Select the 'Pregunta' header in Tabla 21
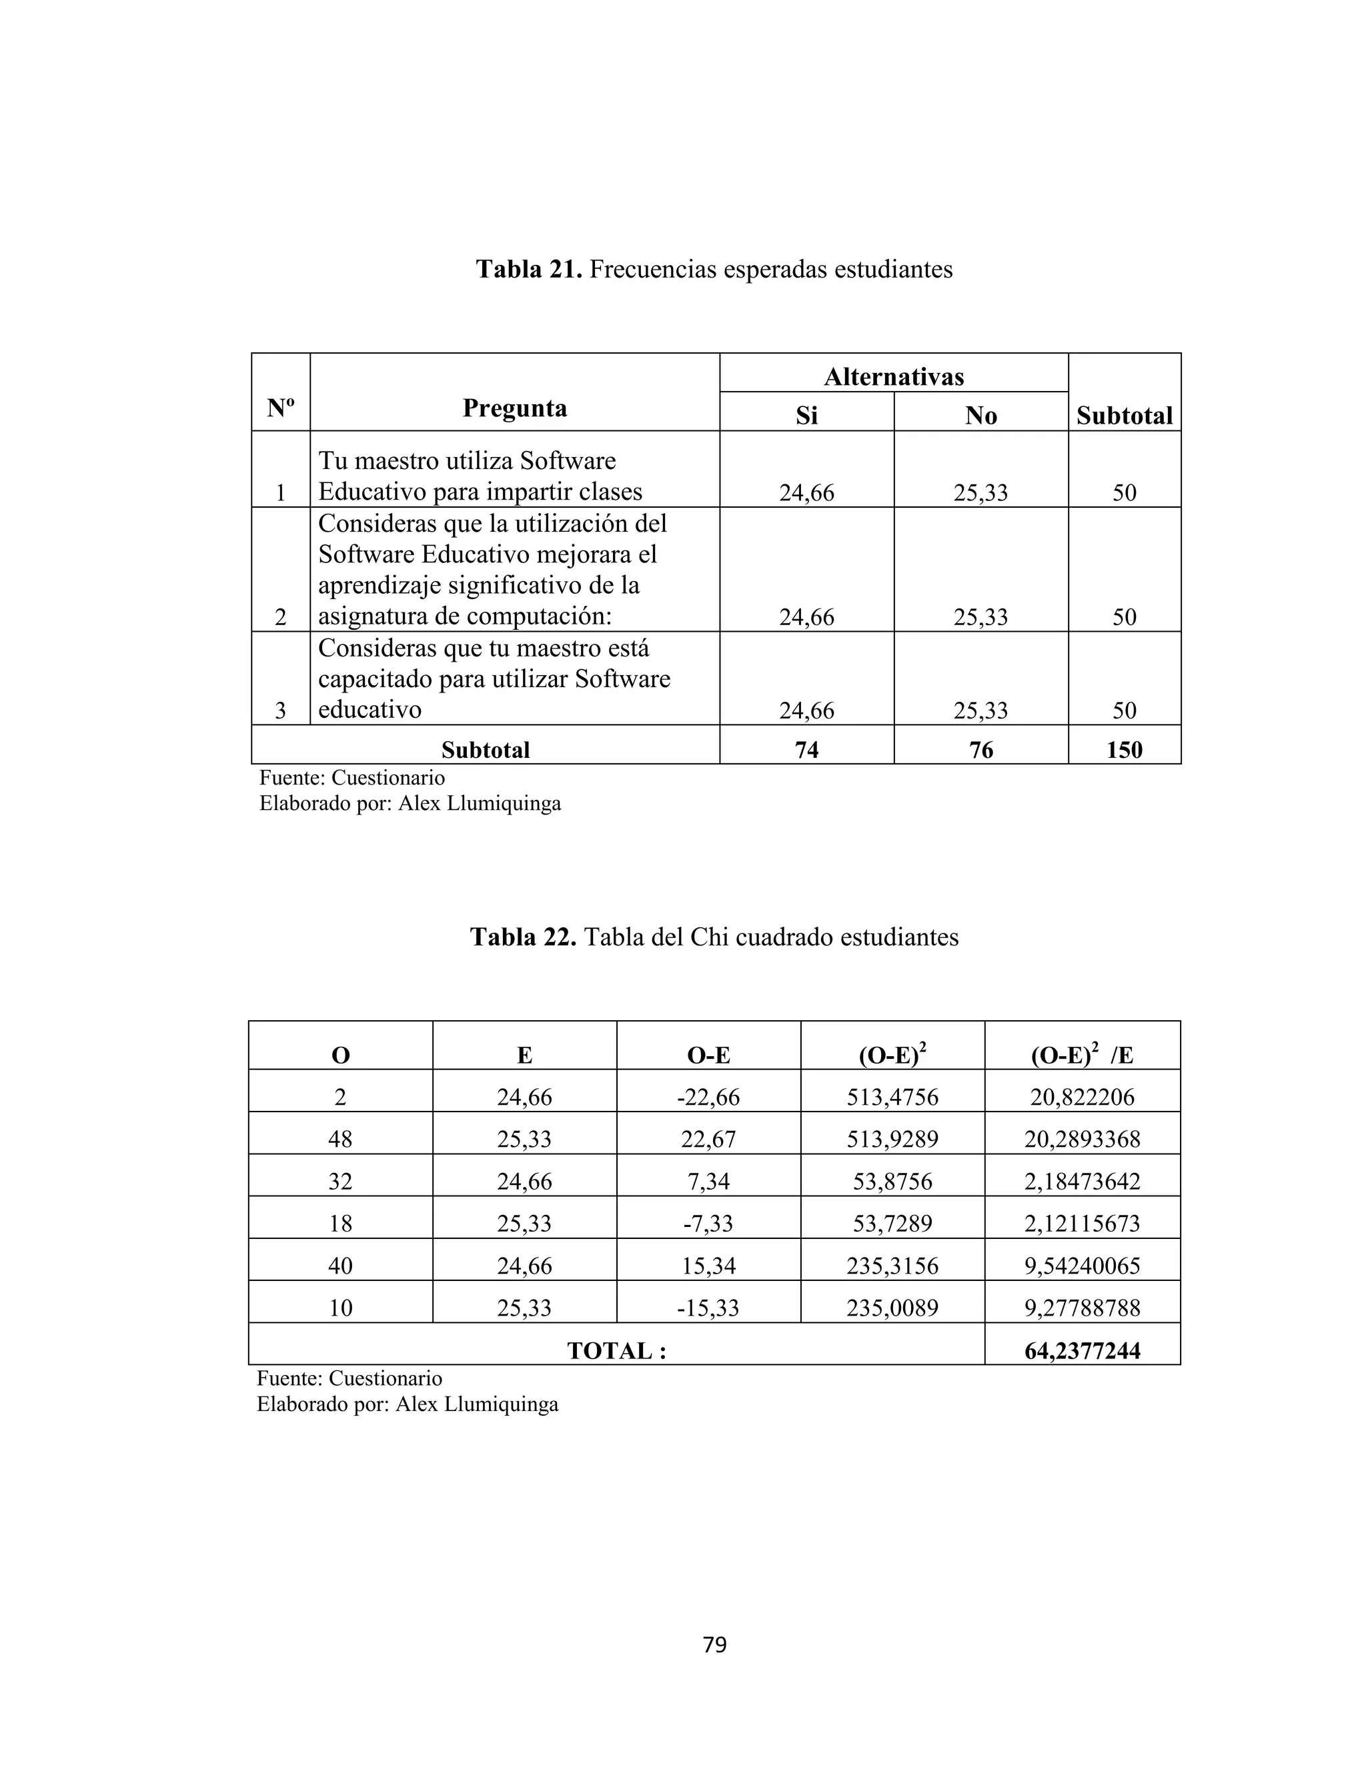(515, 408)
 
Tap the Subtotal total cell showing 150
(1124, 750)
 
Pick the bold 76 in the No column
(980, 750)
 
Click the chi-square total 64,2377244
(1082, 1351)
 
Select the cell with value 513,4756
(892, 1097)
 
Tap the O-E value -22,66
(708, 1097)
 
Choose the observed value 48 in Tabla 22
(340, 1140)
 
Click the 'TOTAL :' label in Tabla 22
(617, 1351)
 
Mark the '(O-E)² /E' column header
(1082, 1055)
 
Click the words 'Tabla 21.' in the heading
(528, 269)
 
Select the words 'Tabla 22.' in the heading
(523, 937)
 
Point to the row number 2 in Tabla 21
(280, 617)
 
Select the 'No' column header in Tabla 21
(980, 415)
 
